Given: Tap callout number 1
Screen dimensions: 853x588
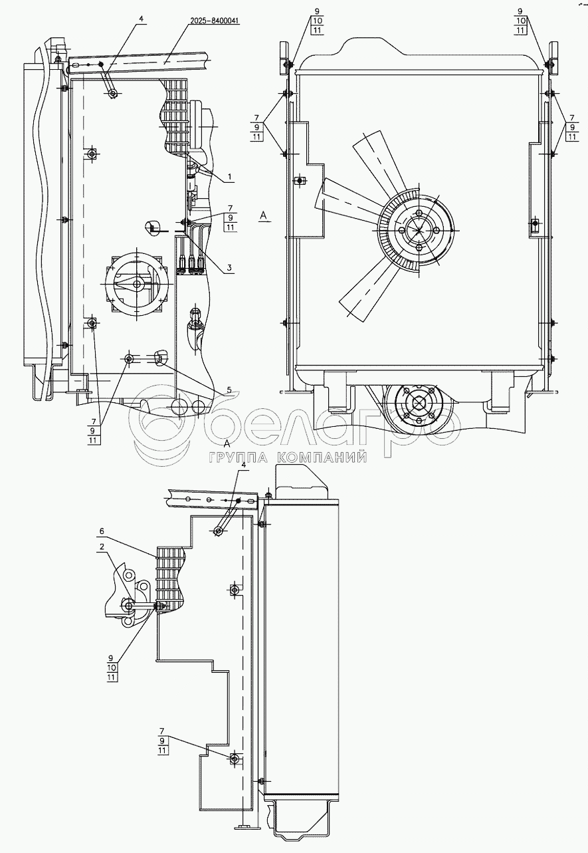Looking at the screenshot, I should click(x=229, y=178).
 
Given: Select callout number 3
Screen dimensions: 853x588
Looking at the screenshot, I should click(x=229, y=268).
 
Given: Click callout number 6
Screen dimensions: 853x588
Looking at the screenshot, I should click(x=102, y=532).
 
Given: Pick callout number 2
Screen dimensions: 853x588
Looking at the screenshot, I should click(x=102, y=547).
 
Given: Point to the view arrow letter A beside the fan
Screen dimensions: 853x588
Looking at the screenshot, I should click(x=264, y=215).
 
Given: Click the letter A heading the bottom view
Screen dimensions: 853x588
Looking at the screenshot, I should click(x=227, y=443).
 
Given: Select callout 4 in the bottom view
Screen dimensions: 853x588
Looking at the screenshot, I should click(x=243, y=465).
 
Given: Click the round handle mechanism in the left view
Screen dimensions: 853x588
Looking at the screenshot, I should click(x=137, y=285).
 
